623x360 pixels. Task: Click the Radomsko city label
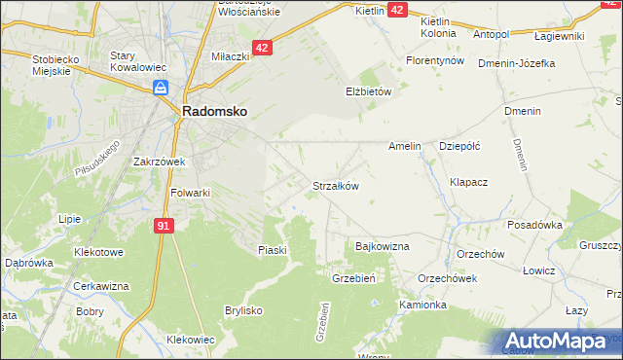pos(213,112)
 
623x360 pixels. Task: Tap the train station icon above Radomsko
pos(162,90)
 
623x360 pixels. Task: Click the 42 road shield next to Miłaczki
pos(263,47)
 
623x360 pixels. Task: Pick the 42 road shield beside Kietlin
pos(397,9)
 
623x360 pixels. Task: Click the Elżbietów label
pos(368,91)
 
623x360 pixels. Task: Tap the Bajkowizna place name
pos(383,247)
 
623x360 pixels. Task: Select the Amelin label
pos(404,146)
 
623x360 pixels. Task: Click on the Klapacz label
pos(468,182)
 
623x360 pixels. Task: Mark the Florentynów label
pos(434,59)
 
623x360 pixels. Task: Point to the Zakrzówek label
pos(160,162)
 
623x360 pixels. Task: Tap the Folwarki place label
pos(191,193)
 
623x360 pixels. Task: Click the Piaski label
pos(273,250)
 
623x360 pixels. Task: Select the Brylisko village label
pos(245,310)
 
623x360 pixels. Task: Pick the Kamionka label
pos(422,305)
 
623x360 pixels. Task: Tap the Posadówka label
pos(535,225)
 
